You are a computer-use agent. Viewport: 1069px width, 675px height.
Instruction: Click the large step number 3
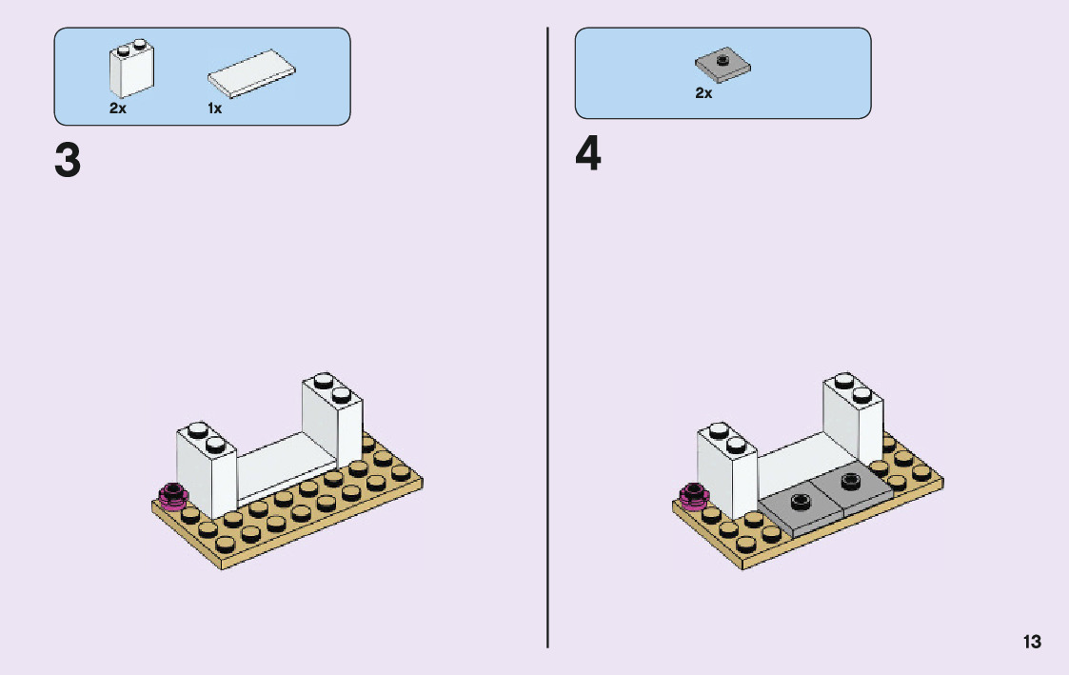click(x=68, y=161)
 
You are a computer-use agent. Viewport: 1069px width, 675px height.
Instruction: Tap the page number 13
click(x=1032, y=642)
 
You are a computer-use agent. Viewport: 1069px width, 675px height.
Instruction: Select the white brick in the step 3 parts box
click(x=131, y=69)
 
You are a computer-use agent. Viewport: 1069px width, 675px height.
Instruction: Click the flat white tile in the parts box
click(x=251, y=73)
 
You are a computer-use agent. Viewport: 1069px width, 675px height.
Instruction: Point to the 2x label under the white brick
click(x=118, y=109)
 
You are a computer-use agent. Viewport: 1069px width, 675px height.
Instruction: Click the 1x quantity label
click(x=215, y=109)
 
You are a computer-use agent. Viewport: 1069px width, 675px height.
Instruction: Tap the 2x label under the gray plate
click(x=703, y=92)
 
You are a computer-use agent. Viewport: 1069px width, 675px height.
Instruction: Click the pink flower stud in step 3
click(x=173, y=496)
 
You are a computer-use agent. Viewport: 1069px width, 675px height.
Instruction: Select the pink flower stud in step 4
click(x=694, y=496)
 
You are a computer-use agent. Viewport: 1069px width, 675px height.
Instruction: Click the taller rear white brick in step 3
click(x=333, y=419)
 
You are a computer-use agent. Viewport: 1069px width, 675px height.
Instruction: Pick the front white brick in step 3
click(x=207, y=469)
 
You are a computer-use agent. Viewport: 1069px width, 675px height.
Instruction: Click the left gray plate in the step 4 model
click(x=802, y=509)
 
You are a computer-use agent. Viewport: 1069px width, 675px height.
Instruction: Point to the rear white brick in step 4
click(x=854, y=419)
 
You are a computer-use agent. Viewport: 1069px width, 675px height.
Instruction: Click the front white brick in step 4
click(x=727, y=469)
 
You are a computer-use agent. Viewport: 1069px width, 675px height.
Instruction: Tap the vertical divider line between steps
click(x=547, y=337)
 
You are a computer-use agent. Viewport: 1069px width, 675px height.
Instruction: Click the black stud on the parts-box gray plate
click(x=723, y=60)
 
